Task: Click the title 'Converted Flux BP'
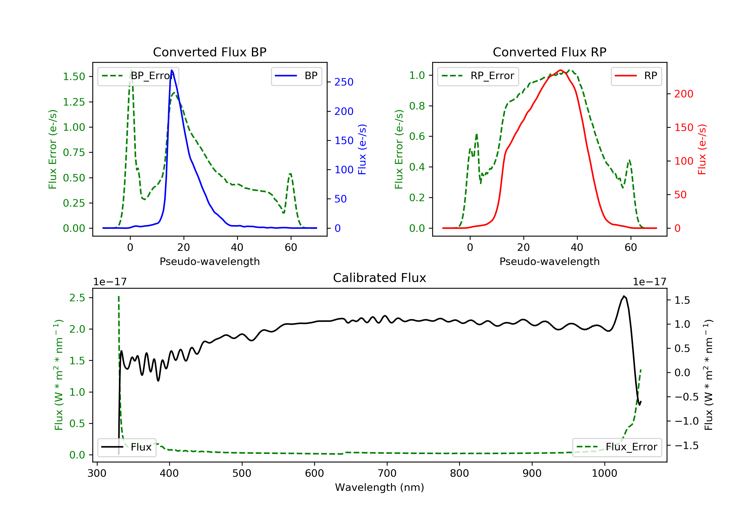tap(209, 52)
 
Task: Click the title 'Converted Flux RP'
tap(549, 52)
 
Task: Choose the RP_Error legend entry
tap(478, 76)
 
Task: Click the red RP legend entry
tap(636, 76)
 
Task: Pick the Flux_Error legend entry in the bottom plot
tap(617, 447)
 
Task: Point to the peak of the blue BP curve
tap(172, 70)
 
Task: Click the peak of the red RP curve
tap(560, 70)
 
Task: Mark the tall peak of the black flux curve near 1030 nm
tap(624, 296)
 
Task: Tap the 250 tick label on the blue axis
tap(344, 82)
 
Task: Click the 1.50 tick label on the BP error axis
tap(74, 77)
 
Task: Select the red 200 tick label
tap(683, 94)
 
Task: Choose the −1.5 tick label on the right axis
tap(686, 446)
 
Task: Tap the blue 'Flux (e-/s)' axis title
tap(362, 149)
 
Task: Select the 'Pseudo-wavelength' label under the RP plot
tap(549, 261)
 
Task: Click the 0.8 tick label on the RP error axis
tap(417, 106)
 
